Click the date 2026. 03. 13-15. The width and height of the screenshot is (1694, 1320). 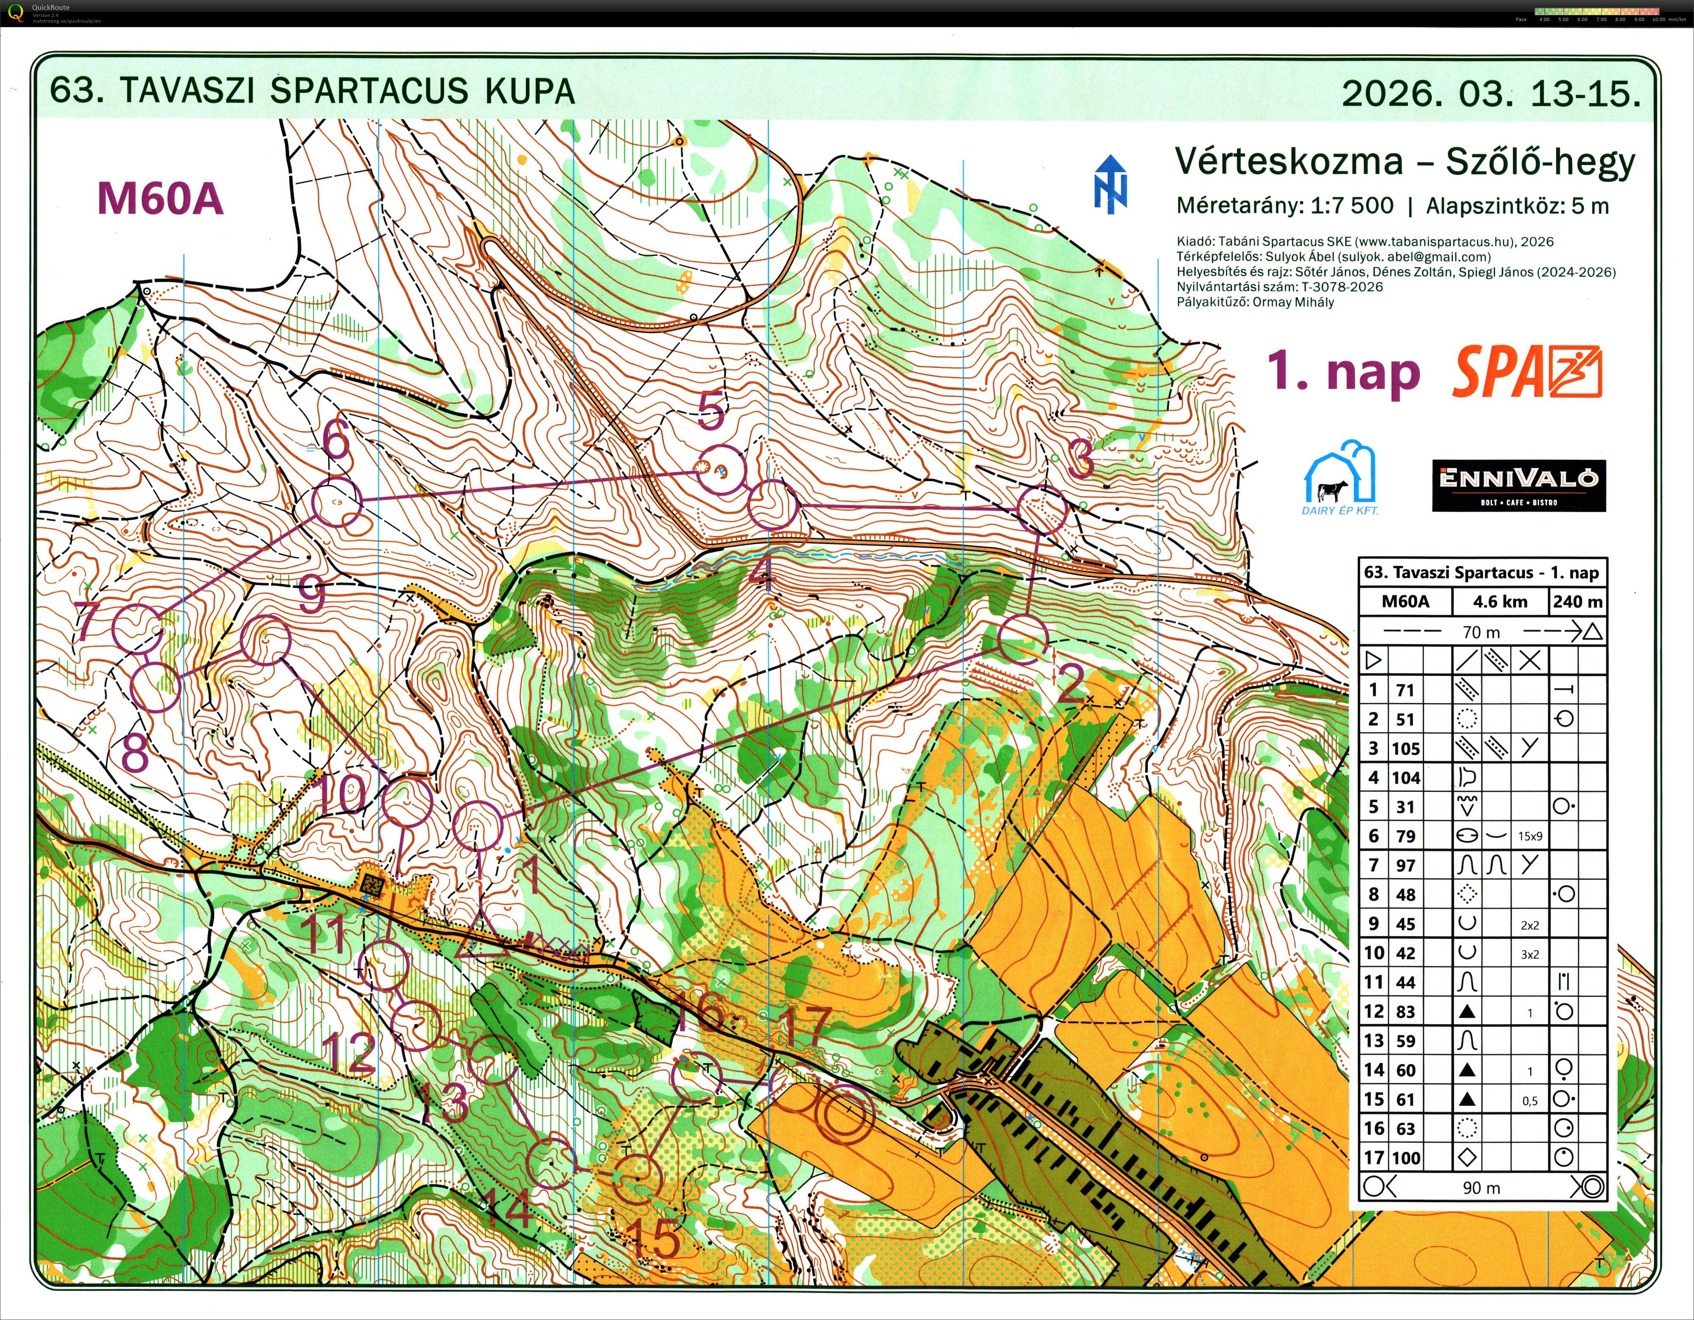coord(1491,93)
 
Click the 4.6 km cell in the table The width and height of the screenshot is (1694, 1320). coord(1500,601)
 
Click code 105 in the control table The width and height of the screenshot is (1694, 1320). coord(1405,749)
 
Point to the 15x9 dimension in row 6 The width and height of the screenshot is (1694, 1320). coord(1530,836)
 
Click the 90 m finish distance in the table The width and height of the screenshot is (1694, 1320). coord(1481,1188)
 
